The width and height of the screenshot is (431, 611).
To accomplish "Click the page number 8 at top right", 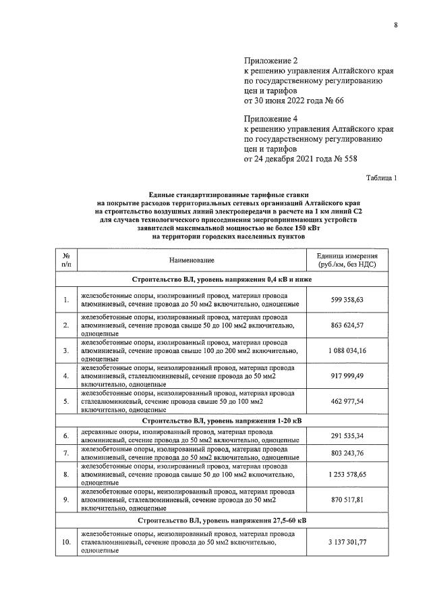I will pos(395,26).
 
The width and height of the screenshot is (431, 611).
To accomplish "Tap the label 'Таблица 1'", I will pos(382,178).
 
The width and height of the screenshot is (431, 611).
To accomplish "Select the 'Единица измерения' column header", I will pos(347,260).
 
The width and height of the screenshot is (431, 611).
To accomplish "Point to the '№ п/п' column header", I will pos(66,260).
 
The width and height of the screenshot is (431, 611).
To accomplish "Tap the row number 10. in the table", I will pos(66,542).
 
